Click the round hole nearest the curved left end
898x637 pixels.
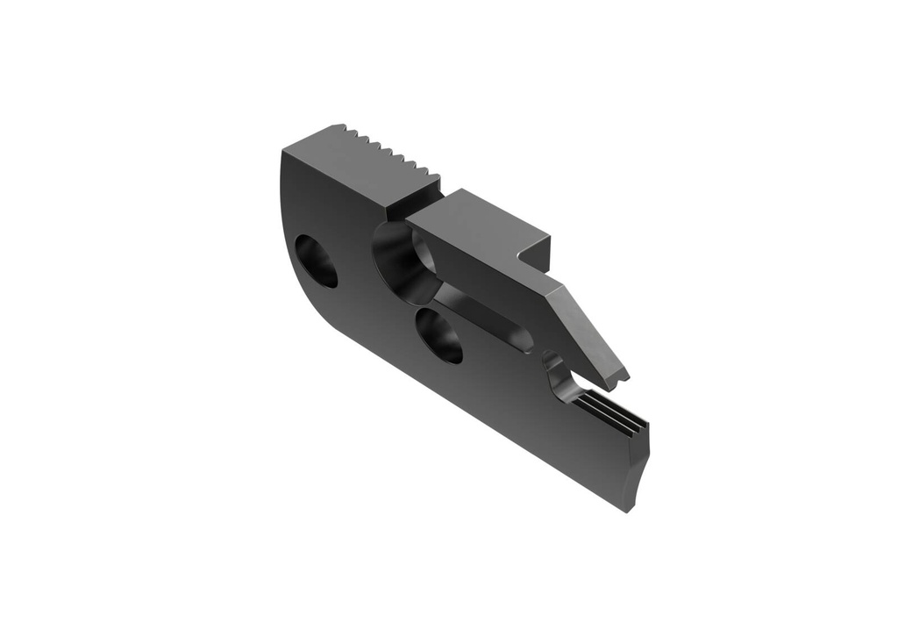pos(317,261)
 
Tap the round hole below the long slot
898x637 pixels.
pos(440,334)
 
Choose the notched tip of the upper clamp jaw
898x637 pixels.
pos(620,378)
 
